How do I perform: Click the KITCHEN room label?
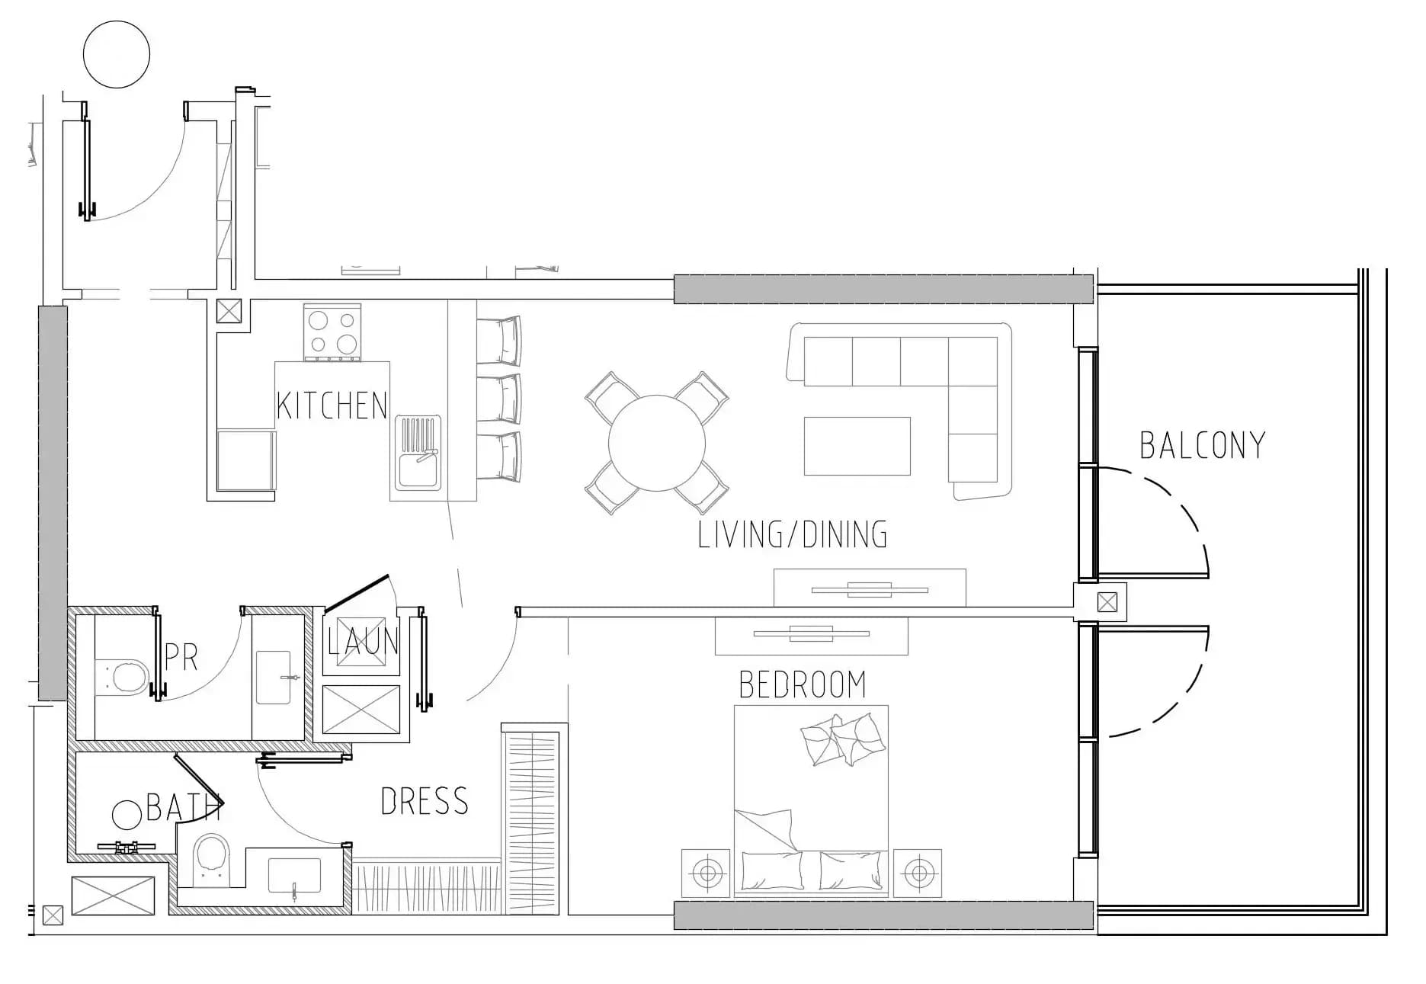point(332,405)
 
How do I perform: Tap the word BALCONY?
point(1203,446)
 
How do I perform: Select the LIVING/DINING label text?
point(793,534)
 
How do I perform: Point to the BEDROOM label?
point(803,684)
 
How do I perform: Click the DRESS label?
point(425,801)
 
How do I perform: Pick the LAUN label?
point(363,642)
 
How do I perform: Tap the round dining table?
point(657,443)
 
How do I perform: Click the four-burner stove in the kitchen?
point(332,332)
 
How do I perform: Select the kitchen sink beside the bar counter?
point(418,451)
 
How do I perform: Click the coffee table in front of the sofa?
point(857,446)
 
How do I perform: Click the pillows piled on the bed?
point(843,739)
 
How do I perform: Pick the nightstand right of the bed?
point(918,872)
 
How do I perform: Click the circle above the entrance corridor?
point(117,54)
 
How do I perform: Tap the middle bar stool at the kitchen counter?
point(500,398)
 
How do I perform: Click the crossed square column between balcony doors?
point(1107,602)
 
